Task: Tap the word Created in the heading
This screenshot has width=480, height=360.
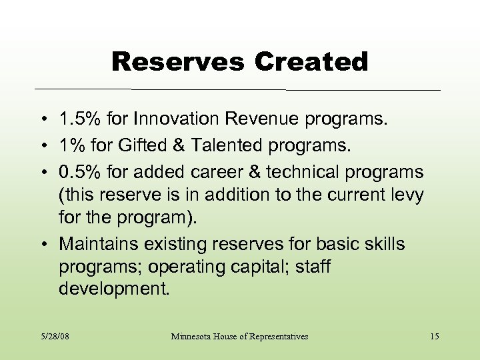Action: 311,62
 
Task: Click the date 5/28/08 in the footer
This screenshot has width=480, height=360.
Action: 54,337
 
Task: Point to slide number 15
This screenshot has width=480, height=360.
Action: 434,337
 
